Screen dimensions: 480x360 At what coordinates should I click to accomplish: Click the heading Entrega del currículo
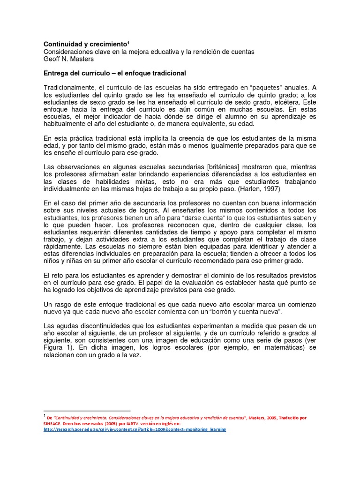(114, 73)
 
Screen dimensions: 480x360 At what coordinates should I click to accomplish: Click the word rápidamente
(63, 247)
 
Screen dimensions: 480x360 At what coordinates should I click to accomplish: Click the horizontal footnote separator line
(87, 410)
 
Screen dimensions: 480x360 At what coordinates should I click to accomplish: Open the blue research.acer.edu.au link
(135, 429)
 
